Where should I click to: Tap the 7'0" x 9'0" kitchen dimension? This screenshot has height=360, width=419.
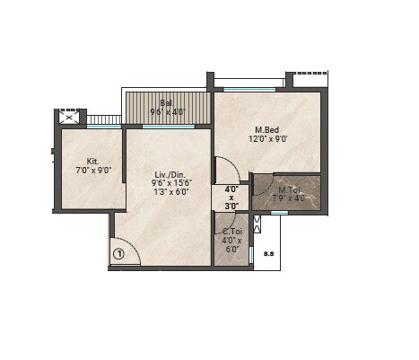click(x=92, y=171)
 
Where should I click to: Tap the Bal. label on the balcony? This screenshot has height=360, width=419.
click(x=167, y=103)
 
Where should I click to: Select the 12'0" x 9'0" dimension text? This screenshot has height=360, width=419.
click(x=269, y=139)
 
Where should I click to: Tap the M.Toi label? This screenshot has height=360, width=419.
click(x=289, y=189)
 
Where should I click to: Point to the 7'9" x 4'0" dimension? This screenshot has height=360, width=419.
click(x=289, y=198)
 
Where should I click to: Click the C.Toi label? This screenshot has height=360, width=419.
click(x=231, y=233)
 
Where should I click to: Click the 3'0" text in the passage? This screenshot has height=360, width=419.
click(x=231, y=206)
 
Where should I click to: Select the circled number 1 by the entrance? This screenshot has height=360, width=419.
click(x=118, y=254)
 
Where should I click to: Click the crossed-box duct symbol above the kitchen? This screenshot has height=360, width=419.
click(x=69, y=117)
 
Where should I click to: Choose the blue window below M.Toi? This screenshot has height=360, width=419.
click(x=279, y=213)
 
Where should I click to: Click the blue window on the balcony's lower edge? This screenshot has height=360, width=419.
click(x=168, y=127)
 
